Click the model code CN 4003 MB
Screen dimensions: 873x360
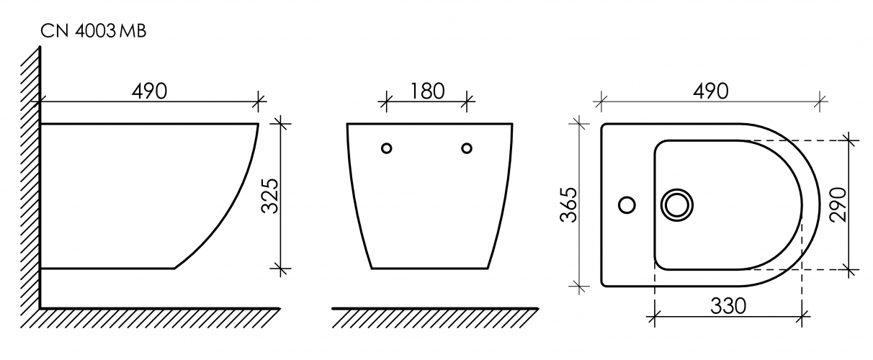pyautogui.click(x=94, y=31)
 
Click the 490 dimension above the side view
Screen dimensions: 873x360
pyautogui.click(x=149, y=91)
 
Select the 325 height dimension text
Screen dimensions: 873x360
pyautogui.click(x=269, y=196)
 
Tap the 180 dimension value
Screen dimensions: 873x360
pyautogui.click(x=427, y=91)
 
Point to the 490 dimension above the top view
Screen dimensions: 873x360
pyautogui.click(x=710, y=91)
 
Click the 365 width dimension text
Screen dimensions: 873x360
pyautogui.click(x=568, y=204)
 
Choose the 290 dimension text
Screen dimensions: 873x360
pyautogui.click(x=838, y=204)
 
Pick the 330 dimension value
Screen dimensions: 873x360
pyautogui.click(x=728, y=306)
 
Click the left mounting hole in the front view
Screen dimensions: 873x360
pyautogui.click(x=386, y=148)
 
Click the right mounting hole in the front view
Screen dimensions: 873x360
pyautogui.click(x=467, y=148)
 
